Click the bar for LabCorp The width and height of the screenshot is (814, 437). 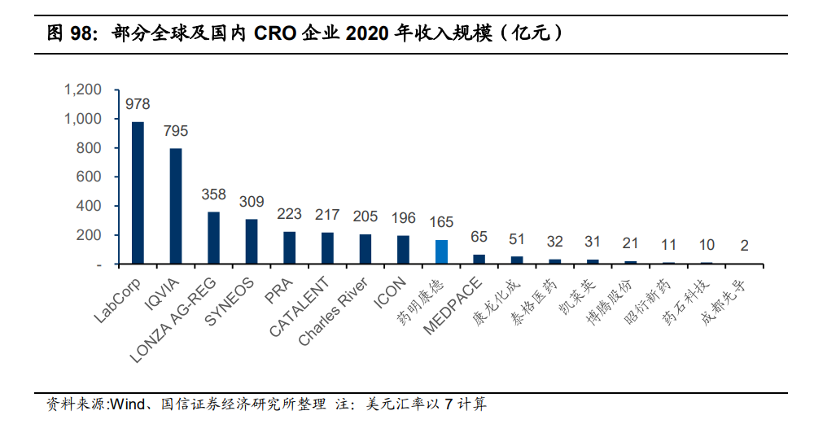tap(138, 193)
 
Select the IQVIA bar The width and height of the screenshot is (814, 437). tap(176, 206)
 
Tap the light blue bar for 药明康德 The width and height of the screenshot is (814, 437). tap(441, 252)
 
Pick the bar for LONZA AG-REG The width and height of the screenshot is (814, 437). tap(213, 238)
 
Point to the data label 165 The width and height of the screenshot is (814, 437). tap(441, 221)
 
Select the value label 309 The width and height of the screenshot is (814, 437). tap(252, 201)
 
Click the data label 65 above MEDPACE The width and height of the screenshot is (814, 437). tap(479, 237)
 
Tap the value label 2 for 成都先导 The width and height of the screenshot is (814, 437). tap(744, 245)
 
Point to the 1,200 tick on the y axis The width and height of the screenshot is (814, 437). tap(83, 90)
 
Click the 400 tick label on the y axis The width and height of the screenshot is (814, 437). tap(89, 206)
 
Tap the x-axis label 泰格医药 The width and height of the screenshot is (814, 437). tap(540, 296)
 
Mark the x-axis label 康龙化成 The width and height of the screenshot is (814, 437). tap(501, 296)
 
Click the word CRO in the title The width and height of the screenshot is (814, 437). tap(282, 33)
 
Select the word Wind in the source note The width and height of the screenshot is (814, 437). tap(129, 404)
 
